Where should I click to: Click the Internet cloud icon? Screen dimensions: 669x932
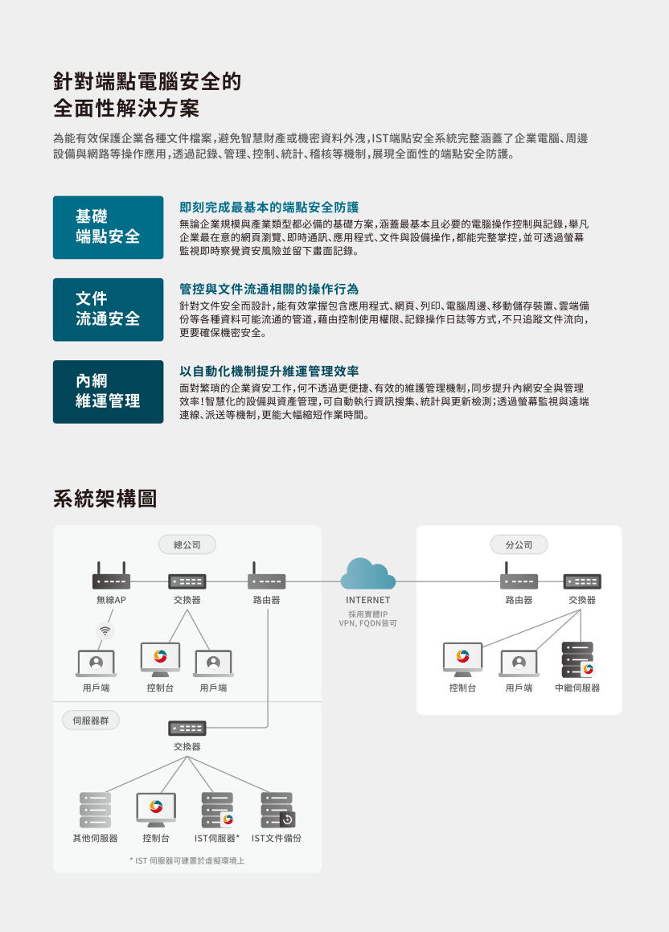pos(367,574)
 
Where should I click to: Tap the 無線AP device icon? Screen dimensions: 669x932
pos(111,576)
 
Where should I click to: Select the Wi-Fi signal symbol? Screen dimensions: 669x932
pos(105,630)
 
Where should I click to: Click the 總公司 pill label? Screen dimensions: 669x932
pos(187,544)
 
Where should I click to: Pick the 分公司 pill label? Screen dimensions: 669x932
pos(519,544)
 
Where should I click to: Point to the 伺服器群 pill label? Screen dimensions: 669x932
pos(91,721)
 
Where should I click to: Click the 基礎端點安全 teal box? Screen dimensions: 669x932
pos(108,227)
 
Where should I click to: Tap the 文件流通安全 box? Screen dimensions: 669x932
pos(108,310)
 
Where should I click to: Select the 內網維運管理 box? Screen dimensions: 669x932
pos(108,392)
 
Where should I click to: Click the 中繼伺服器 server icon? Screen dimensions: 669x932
pos(577,659)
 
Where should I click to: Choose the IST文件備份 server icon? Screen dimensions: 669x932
pos(277,810)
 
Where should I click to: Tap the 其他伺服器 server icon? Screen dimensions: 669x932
pos(95,810)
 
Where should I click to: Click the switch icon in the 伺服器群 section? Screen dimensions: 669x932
pos(187,728)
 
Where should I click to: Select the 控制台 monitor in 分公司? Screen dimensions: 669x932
pos(463,659)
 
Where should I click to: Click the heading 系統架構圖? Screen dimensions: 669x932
pos(105,499)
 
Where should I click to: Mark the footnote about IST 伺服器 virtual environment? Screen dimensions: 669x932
pos(187,860)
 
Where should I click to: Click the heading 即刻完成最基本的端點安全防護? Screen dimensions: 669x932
pos(269,207)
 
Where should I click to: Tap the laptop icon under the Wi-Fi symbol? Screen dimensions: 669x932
pos(96,663)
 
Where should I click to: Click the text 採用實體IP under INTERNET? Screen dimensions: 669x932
pos(367,614)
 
